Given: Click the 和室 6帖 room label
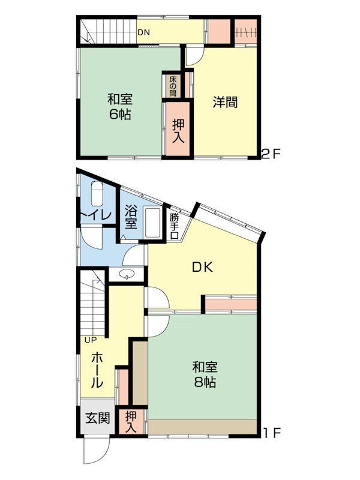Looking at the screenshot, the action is [119, 107].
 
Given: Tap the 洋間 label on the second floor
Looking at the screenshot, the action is [226, 102].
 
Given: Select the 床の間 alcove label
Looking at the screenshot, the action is [173, 86].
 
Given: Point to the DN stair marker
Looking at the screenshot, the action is [143, 32].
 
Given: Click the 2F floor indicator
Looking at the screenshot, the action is [271, 154].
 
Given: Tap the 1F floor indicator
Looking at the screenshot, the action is [272, 433].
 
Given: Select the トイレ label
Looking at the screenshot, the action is [96, 215].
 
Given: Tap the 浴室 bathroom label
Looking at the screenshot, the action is [131, 218].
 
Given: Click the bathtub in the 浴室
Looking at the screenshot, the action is [153, 223].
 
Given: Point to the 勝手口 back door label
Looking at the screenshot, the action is [174, 226].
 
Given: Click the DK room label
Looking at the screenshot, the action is [202, 268].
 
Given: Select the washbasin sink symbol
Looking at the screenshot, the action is [126, 274].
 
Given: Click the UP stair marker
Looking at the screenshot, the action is [91, 340].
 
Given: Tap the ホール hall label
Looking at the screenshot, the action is [97, 370].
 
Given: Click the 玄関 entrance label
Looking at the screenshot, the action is [97, 418].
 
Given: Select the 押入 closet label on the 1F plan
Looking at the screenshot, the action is [131, 422].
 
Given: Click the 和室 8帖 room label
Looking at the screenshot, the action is [205, 374].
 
